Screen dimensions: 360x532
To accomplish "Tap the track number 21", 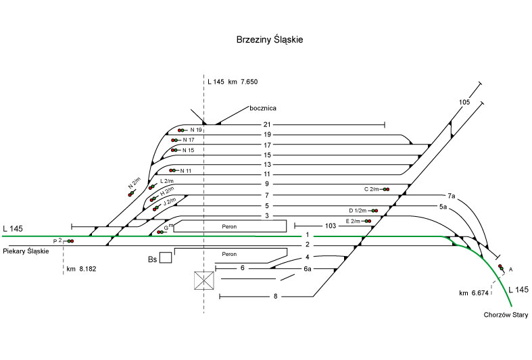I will (x=267, y=125).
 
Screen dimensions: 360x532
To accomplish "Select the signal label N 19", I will (x=196, y=130).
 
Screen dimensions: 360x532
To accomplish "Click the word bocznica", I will (x=264, y=108).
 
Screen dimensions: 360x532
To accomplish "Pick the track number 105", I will (x=464, y=102).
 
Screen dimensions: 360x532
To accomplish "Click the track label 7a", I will (x=452, y=196).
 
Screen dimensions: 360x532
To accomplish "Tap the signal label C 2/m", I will (x=371, y=189).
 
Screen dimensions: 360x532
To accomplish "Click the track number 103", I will (x=331, y=226).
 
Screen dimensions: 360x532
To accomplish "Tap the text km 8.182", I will (x=81, y=269).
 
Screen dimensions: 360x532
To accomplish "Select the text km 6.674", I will (x=473, y=293).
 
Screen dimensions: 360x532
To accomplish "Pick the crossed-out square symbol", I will (x=204, y=280).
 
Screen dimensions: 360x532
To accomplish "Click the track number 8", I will (x=276, y=297).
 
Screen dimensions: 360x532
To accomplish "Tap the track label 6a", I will (x=307, y=269).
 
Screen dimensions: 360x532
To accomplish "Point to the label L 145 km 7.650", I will (x=233, y=82).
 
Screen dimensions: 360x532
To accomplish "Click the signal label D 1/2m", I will (x=358, y=210).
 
